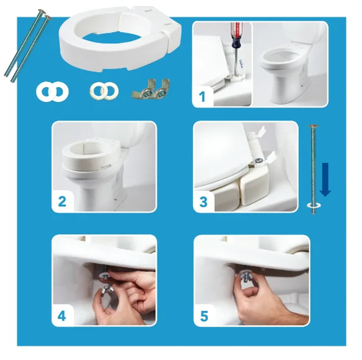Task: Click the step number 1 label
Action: tap(202, 97)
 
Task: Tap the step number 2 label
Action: tap(62, 202)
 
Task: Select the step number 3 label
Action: tap(204, 202)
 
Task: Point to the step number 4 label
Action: tap(62, 316)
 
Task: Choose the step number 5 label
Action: tap(204, 316)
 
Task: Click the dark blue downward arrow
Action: tap(325, 180)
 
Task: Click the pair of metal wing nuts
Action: tap(151, 89)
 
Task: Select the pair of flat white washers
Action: tap(52, 91)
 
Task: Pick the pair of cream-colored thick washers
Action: tap(104, 91)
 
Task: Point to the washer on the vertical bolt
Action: tap(313, 205)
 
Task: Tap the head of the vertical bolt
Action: tap(313, 126)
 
